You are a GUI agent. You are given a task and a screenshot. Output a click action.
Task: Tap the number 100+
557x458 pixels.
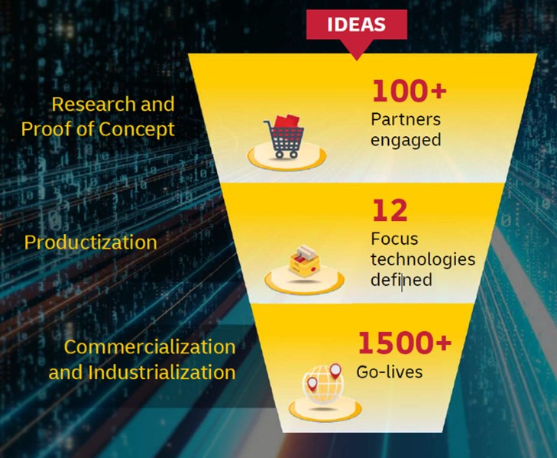(x=409, y=91)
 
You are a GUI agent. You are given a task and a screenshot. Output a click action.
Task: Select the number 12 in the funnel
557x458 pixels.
(x=390, y=210)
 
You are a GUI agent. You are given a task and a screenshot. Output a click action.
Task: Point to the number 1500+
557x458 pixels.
(x=404, y=343)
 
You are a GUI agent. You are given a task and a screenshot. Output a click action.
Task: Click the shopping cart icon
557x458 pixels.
(x=283, y=138)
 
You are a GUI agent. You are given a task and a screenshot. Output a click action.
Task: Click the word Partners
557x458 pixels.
(x=406, y=120)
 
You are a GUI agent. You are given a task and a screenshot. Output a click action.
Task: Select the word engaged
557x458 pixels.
(x=406, y=140)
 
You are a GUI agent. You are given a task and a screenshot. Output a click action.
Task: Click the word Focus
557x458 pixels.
(x=394, y=239)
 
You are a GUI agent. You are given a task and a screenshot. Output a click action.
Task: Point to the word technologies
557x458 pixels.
(x=423, y=259)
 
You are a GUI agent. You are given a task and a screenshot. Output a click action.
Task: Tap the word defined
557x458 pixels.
(x=401, y=280)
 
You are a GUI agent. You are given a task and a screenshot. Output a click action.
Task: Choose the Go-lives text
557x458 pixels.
(x=389, y=372)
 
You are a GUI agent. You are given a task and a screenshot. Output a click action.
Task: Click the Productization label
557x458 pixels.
(x=91, y=242)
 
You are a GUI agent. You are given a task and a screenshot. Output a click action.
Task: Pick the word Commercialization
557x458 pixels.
(x=150, y=346)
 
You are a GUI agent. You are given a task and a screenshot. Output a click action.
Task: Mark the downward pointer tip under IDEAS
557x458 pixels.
(x=356, y=57)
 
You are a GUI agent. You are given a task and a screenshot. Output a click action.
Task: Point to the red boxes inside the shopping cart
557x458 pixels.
(x=287, y=122)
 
